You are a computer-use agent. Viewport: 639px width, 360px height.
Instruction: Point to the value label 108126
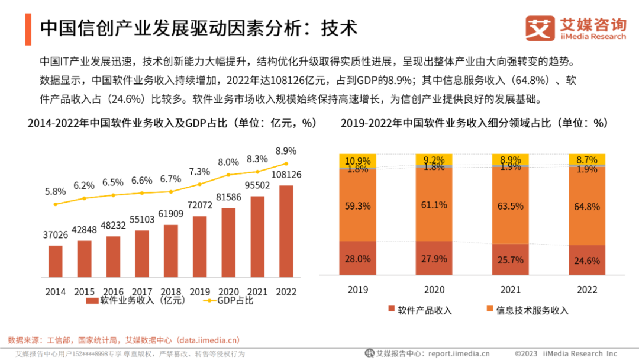286,175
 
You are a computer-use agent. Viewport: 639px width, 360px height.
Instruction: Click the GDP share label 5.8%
56,191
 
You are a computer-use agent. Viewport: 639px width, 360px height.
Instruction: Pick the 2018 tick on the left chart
171,291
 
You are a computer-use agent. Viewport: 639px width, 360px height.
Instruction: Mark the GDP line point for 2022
286,163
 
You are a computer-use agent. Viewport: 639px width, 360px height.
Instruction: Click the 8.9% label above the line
286,151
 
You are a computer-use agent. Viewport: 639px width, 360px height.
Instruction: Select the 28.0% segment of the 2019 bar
358,259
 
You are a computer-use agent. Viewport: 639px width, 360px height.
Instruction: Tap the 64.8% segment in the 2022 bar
586,207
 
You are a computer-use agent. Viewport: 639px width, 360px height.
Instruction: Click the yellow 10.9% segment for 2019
358,160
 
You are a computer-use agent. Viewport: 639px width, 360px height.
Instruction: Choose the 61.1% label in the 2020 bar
434,205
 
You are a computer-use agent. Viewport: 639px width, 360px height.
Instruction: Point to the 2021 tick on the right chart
510,290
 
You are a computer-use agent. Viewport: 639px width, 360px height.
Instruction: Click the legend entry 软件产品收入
420,310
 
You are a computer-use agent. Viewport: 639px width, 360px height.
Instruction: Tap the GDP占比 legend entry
228,301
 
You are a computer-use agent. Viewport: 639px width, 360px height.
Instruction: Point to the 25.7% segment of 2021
510,260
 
